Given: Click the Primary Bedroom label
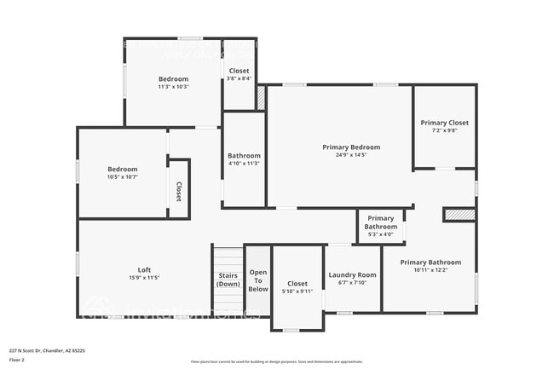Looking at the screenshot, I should tap(351, 147).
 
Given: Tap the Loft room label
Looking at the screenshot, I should tap(144, 269).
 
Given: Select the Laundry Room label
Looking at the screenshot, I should tap(352, 275).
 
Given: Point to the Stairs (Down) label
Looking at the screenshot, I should tap(228, 280).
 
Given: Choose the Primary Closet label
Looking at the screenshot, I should tap(444, 123).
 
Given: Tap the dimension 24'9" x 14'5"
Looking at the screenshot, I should tap(351, 155).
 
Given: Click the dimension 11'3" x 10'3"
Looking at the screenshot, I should tap(173, 86).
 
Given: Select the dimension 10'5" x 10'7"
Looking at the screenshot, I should tap(122, 177).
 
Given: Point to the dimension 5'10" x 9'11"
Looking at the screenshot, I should tap(297, 291).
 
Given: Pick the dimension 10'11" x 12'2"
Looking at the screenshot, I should tap(430, 270).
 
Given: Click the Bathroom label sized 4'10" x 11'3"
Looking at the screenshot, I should tap(244, 156).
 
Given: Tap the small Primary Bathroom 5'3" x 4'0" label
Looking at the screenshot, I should tap(381, 222).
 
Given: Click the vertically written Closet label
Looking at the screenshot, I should tap(179, 191).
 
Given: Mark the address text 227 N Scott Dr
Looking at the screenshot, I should tap(47, 349).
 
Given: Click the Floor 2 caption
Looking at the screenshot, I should tap(17, 360).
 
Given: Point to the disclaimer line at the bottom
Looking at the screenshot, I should tap(276, 361).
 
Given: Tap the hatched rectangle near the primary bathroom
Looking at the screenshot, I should tap(459, 216).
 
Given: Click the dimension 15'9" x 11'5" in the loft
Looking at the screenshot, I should tap(144, 277).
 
